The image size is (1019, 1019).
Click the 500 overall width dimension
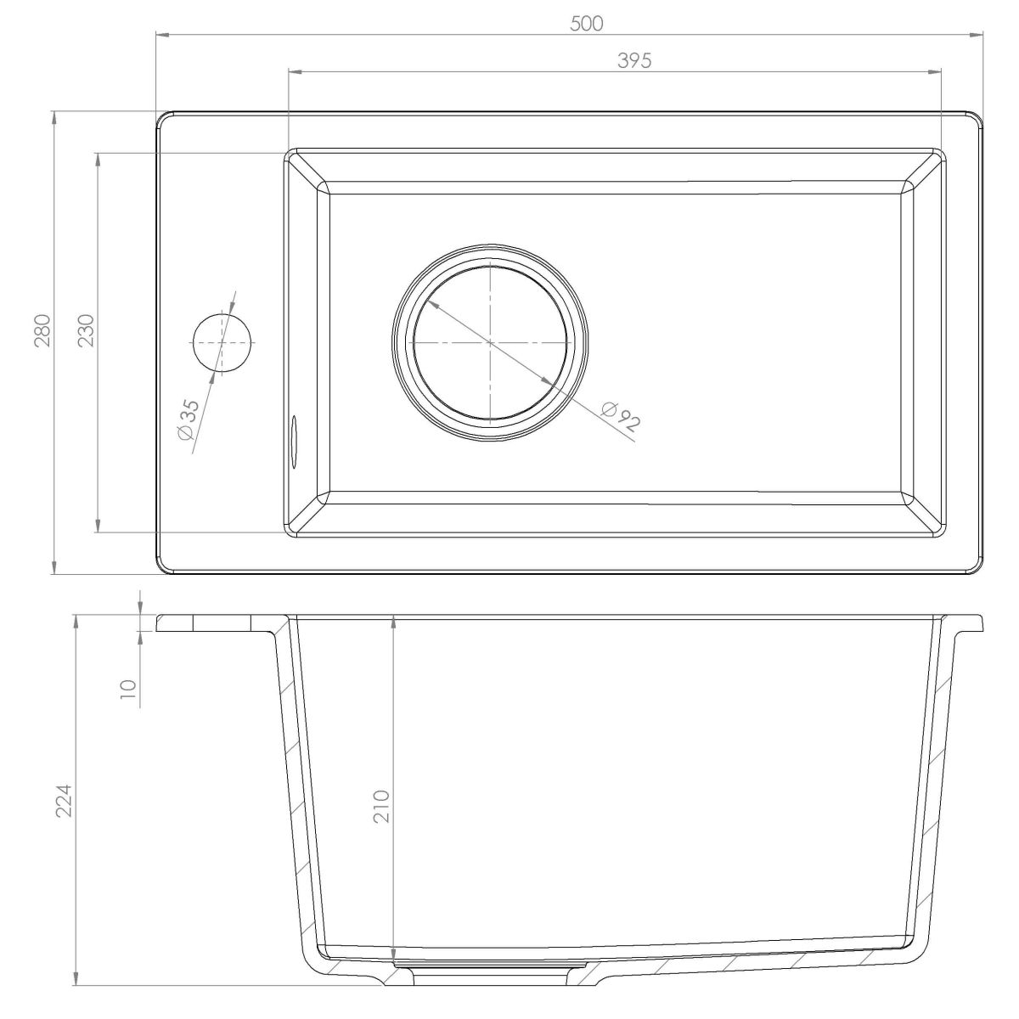pyautogui.click(x=587, y=24)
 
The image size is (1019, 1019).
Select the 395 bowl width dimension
pyautogui.click(x=634, y=61)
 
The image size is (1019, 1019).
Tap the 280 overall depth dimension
pyautogui.click(x=42, y=330)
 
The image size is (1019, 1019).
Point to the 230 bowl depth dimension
pyautogui.click(x=87, y=330)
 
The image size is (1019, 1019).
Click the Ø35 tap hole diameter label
pyautogui.click(x=189, y=419)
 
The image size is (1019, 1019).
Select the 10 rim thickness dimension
pyautogui.click(x=128, y=690)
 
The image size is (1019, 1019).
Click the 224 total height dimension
pyautogui.click(x=65, y=801)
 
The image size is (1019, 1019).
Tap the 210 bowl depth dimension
pyautogui.click(x=381, y=807)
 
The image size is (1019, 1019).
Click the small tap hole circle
pyautogui.click(x=222, y=343)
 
